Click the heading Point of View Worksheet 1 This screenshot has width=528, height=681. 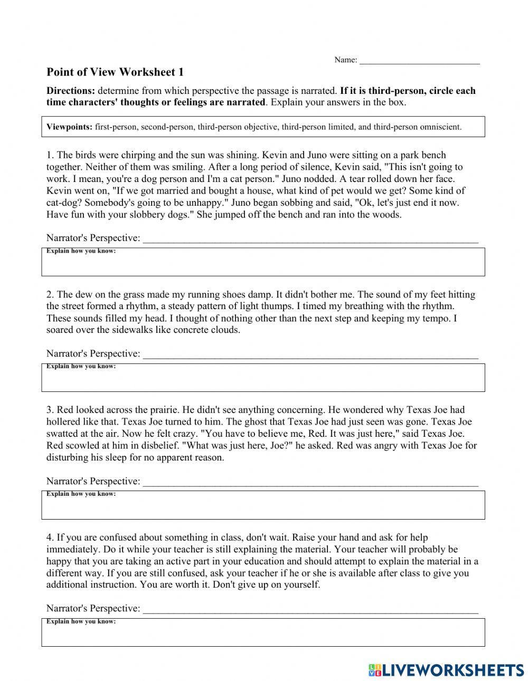[x=115, y=72]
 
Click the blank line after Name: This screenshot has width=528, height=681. [x=419, y=60]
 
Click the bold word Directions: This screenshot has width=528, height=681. [x=71, y=91]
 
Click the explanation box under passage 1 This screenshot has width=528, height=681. [x=263, y=264]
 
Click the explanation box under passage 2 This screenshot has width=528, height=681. [x=263, y=379]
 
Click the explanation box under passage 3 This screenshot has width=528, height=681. [x=263, y=507]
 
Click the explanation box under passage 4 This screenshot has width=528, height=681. [x=263, y=635]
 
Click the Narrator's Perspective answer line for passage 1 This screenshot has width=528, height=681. [x=310, y=238]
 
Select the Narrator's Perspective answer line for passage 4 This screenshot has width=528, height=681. [x=310, y=609]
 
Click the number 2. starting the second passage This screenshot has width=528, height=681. [x=50, y=294]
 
